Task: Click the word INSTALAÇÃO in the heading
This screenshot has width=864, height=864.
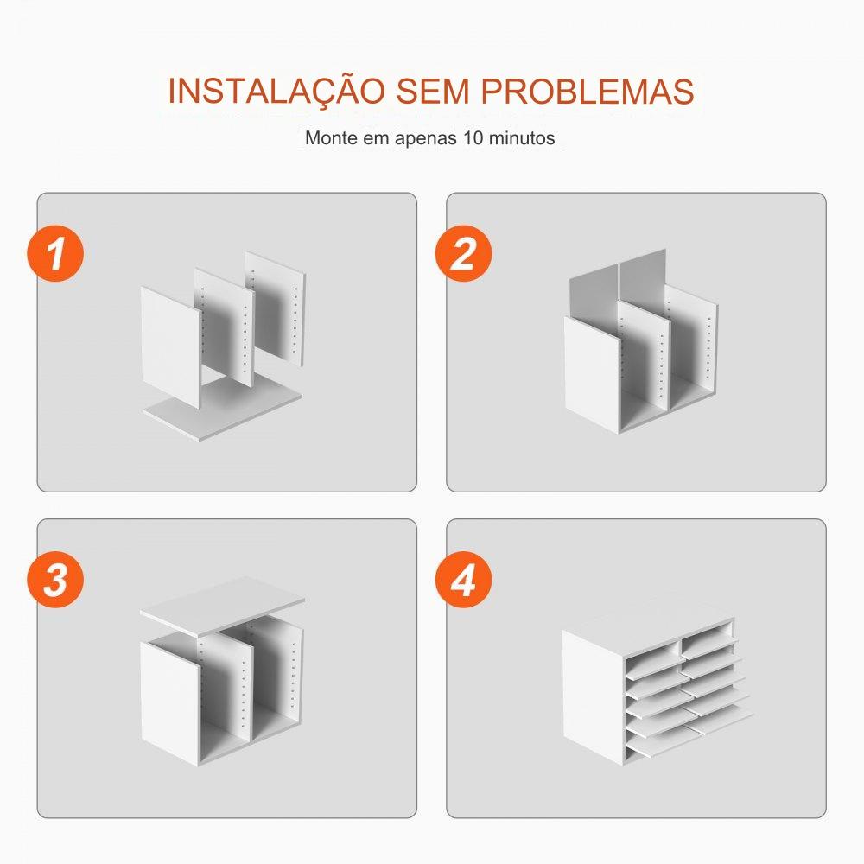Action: click(x=276, y=91)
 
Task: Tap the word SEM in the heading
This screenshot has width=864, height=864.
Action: click(x=433, y=91)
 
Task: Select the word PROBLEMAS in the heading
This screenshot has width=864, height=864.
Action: click(x=588, y=91)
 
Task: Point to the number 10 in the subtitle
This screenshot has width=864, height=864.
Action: click(x=473, y=137)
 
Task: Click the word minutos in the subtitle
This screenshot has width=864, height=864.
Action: click(x=522, y=137)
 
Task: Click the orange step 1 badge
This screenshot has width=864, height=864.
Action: click(x=55, y=253)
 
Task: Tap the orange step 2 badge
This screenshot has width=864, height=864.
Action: click(x=463, y=253)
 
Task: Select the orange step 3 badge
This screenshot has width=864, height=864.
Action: click(x=55, y=579)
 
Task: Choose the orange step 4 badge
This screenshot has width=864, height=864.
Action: click(x=463, y=579)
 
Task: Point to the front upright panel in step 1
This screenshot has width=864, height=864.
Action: click(x=169, y=346)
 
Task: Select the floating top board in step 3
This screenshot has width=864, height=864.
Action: click(x=223, y=607)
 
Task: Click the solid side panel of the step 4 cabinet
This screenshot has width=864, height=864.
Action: click(x=593, y=697)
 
